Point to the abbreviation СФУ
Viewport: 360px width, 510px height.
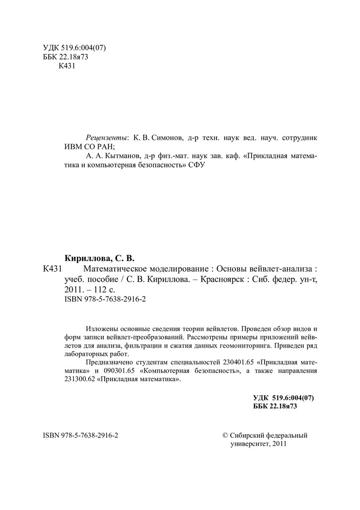[x=197, y=166]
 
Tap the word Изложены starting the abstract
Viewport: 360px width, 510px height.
[x=102, y=329]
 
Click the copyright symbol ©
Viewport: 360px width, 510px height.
[x=225, y=435]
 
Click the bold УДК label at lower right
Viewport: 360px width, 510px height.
[x=262, y=398]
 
